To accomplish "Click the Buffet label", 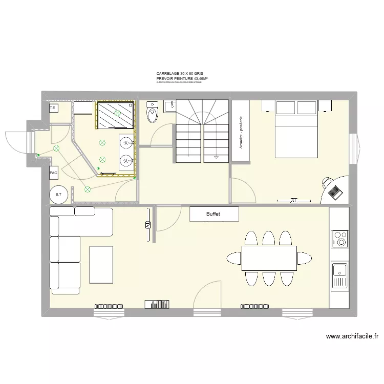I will pos(214,215).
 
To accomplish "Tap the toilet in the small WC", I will pos(152,113).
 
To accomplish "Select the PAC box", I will pos(54,174).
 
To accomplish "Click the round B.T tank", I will pos(58,194).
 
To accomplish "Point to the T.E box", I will pos(53,109).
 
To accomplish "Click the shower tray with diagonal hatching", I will pos(116,114).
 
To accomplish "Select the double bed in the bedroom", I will pos(296,131).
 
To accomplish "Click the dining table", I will pos(269,258).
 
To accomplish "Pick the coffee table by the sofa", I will pos(101,264).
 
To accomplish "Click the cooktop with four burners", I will pos(339,239).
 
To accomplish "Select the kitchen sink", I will pos(339,275).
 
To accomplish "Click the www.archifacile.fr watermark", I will pos(352,336).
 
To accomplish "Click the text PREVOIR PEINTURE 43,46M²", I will pos(182,79).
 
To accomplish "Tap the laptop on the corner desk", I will pos(336,192).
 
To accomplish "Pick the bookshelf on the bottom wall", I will pos(157,304).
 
